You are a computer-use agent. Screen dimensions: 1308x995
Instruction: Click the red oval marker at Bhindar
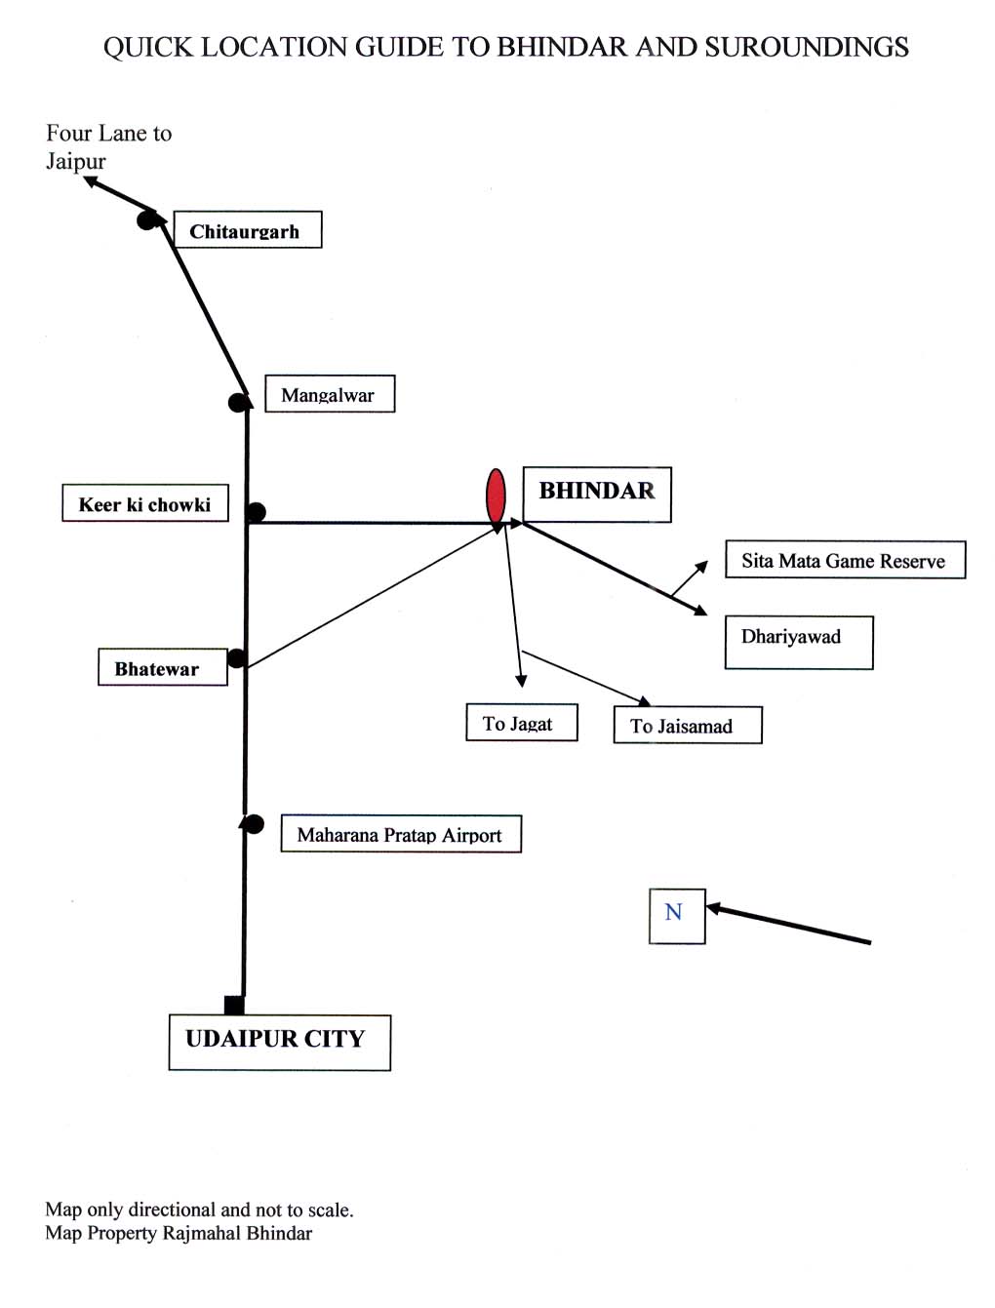tap(496, 495)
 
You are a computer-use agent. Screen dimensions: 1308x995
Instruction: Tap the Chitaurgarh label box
tap(247, 230)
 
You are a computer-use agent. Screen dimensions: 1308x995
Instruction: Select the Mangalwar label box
tap(330, 394)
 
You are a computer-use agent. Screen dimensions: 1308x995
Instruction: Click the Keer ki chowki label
tap(145, 503)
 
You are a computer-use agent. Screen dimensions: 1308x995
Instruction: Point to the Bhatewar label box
tap(162, 668)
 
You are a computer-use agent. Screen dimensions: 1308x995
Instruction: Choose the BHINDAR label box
tap(597, 495)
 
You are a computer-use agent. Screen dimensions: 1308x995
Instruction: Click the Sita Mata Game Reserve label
tap(845, 560)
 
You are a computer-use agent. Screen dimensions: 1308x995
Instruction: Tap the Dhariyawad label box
tap(798, 642)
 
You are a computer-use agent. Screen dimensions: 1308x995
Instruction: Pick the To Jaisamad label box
tap(687, 726)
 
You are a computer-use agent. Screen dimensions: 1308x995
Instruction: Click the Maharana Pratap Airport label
tap(401, 834)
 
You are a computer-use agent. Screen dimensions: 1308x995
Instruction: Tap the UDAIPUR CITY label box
tap(279, 1042)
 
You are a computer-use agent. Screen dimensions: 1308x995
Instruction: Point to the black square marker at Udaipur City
tap(234, 1005)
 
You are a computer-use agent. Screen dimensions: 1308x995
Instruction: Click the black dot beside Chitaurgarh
tap(146, 219)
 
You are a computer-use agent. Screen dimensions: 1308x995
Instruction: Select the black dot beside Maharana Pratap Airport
tap(254, 824)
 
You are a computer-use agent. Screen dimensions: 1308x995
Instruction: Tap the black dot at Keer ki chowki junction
tap(257, 512)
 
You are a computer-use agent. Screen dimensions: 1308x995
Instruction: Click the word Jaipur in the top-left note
tap(75, 161)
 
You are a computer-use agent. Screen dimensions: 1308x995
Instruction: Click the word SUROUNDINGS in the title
tap(807, 47)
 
